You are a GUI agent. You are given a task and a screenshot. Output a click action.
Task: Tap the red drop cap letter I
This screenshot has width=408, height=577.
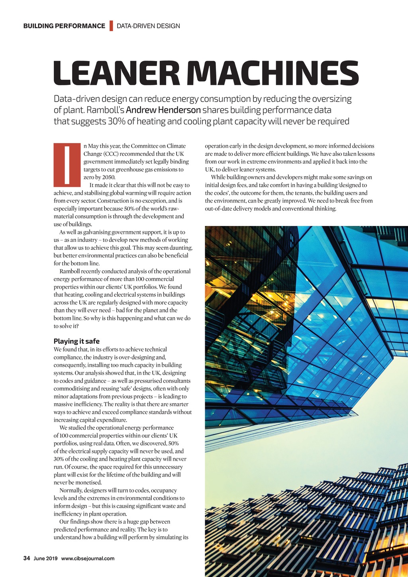coord(67,165)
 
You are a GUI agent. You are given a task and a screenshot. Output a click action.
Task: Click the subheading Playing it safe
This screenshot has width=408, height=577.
coord(76,341)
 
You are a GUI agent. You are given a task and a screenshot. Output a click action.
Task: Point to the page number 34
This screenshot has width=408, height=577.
coord(27,558)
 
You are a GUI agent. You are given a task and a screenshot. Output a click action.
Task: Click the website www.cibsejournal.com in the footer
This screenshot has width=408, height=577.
coord(88,558)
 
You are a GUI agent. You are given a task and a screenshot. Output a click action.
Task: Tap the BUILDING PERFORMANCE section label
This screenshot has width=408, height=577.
coord(64,26)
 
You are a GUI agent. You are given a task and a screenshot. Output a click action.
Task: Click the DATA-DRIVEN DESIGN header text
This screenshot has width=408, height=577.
coord(148,26)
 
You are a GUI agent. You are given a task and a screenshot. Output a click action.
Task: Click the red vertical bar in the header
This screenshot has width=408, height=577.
coord(111,26)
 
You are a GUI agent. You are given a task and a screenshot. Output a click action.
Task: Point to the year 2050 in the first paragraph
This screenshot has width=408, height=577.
coord(108,177)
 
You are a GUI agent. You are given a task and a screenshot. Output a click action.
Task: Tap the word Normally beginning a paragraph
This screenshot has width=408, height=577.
coord(71,491)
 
